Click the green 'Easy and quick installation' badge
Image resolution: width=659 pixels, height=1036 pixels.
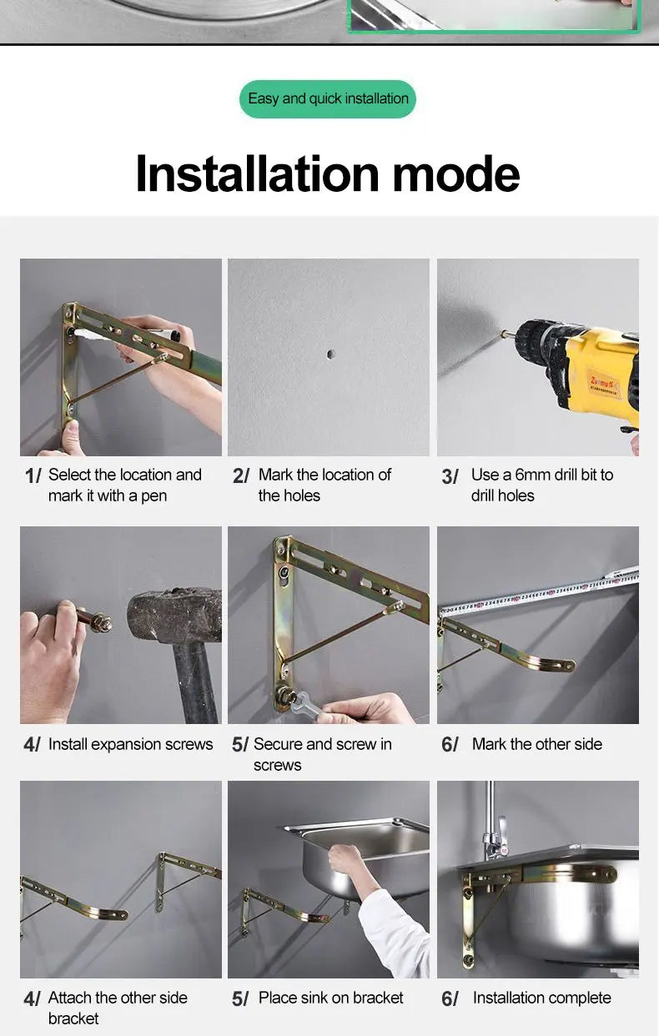tap(328, 99)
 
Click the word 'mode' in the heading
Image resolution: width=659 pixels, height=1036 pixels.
tap(456, 174)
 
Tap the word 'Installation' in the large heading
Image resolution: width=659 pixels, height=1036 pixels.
tap(258, 174)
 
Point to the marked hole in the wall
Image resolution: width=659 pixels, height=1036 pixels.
tap(330, 355)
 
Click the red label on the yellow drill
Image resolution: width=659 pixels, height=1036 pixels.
tap(602, 384)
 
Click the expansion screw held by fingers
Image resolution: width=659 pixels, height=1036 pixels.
tap(95, 621)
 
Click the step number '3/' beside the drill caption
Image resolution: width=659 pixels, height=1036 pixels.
tap(450, 476)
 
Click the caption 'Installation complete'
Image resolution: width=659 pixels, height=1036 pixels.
tap(541, 998)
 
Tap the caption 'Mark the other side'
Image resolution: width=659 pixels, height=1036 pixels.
tap(537, 744)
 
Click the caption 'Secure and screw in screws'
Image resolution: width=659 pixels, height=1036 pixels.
tap(322, 754)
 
